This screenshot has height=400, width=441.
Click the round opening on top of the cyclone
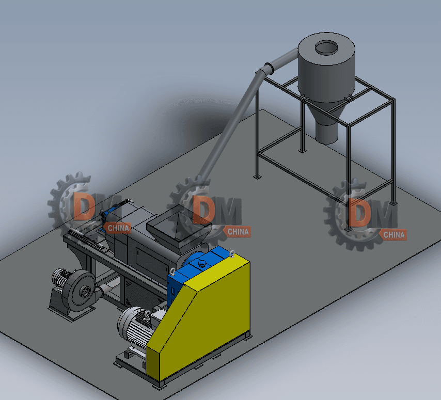[x=325, y=48]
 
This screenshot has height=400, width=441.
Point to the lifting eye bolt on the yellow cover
[x=232, y=253]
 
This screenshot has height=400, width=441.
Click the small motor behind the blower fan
[x=61, y=279]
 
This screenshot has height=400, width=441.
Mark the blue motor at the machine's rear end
[x=109, y=215]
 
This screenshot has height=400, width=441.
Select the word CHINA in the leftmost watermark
[x=118, y=228]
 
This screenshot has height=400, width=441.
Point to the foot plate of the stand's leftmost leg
[x=257, y=177]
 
